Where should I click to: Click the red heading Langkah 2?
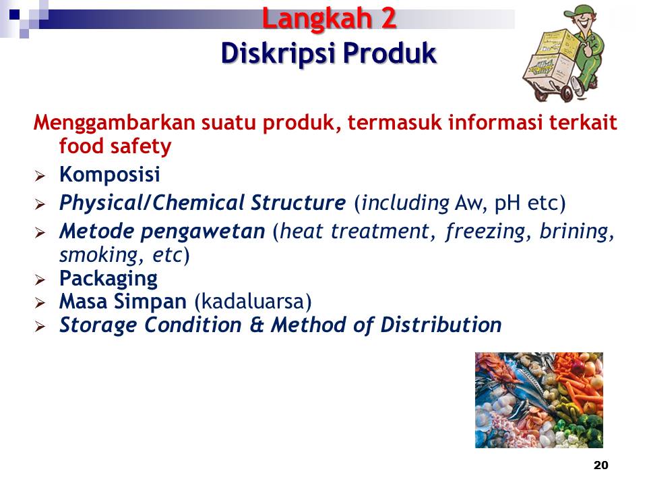tap(329, 19)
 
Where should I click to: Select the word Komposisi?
tap(109, 175)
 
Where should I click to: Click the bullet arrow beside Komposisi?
tap(40, 176)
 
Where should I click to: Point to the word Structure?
tap(299, 202)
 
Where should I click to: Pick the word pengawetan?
tap(203, 232)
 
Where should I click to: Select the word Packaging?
tap(109, 279)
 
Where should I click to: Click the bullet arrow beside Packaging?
tap(40, 280)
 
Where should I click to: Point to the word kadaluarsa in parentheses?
tap(253, 301)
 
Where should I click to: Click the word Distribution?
tap(441, 325)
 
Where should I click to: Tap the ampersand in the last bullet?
tap(257, 325)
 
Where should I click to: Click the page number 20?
tap(600, 465)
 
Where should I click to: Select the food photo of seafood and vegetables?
tap(539, 400)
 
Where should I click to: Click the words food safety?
tap(115, 146)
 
